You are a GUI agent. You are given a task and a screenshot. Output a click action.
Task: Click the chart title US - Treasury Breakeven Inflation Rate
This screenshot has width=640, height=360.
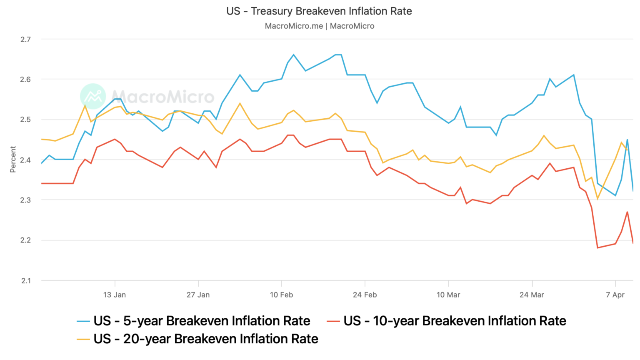point(319,11)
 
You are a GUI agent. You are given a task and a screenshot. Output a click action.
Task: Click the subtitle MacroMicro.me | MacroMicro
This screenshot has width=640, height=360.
point(319,26)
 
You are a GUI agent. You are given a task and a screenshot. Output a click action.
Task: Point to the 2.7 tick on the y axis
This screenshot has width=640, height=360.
point(25,40)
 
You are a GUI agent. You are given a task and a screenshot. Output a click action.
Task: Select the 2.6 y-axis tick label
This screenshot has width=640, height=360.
point(25,80)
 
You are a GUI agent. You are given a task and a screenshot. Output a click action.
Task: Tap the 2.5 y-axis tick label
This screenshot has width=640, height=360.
point(25,120)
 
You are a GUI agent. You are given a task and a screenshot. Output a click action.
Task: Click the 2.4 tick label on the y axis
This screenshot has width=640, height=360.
point(25,160)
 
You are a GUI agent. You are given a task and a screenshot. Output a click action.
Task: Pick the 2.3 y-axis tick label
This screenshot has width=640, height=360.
point(25,200)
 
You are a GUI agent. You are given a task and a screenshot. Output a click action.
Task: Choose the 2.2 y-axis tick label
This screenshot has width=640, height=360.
point(25,240)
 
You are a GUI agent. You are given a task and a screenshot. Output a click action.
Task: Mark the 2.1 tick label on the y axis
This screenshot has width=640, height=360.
point(25,280)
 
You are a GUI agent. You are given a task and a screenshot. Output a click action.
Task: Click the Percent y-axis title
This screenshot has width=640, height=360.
point(13,159)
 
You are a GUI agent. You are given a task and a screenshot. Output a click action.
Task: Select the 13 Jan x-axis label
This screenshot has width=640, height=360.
point(115,295)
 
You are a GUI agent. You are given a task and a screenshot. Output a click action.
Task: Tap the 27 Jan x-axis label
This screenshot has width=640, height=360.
point(198,295)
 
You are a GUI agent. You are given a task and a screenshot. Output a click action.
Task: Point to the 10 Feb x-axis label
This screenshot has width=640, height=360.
point(281,295)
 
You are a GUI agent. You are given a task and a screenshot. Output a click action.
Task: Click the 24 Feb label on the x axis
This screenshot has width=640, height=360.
point(365,295)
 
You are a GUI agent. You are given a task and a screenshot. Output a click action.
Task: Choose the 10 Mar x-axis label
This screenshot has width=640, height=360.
point(448,295)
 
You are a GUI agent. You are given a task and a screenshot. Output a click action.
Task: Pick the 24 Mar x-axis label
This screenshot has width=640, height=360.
point(532,295)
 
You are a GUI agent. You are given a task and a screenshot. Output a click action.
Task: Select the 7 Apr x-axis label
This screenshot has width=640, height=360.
point(615,295)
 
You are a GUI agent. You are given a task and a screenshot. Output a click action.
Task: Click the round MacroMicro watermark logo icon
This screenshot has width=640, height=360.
point(93,96)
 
